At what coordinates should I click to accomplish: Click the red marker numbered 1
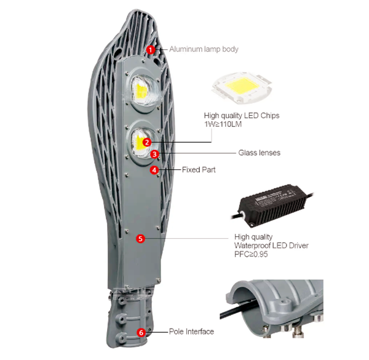(x=151, y=49)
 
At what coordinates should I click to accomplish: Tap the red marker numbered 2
(x=146, y=142)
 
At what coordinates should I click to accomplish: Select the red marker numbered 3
(x=155, y=154)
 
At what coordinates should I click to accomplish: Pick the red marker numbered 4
(x=154, y=169)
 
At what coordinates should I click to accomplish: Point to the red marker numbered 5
(x=141, y=238)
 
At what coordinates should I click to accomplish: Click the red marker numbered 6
(x=141, y=332)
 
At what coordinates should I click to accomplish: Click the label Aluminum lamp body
(x=203, y=49)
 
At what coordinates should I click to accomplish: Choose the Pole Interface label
(x=191, y=332)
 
